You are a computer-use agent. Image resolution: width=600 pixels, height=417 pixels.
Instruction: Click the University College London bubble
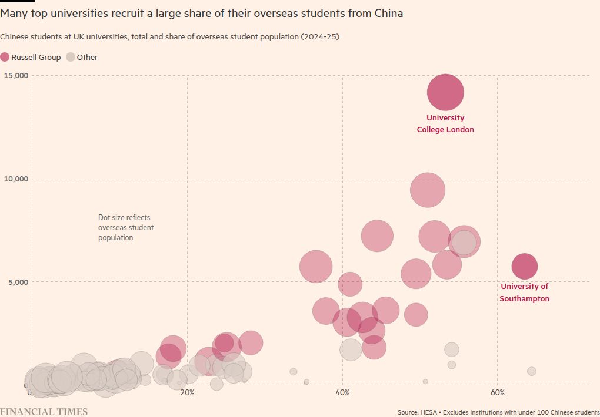point(445,92)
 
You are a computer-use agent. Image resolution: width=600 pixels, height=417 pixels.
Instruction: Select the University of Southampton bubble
point(524,266)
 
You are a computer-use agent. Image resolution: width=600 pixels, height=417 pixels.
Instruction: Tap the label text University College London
point(445,123)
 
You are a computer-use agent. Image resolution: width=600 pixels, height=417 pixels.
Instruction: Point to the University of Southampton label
point(524,292)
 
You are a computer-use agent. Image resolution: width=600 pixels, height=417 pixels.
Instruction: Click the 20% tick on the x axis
point(187,392)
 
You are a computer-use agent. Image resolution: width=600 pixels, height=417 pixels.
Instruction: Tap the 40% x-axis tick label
point(342,392)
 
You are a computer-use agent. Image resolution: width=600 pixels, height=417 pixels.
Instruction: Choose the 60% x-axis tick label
point(498,392)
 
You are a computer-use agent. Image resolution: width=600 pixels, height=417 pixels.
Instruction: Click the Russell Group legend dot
point(5,57)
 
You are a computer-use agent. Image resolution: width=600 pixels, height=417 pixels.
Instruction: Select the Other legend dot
point(70,57)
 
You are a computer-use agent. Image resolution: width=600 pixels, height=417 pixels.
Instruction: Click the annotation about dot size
point(125,228)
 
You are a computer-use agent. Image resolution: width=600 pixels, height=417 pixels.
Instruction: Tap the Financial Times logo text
point(44,411)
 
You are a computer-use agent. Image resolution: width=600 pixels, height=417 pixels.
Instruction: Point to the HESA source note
point(498,412)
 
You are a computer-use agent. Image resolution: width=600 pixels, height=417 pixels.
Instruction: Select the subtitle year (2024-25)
point(320,36)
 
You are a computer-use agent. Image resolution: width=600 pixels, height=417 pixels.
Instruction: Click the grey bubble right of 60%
point(532,371)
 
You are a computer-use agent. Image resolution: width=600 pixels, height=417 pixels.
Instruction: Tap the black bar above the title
point(18,2)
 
